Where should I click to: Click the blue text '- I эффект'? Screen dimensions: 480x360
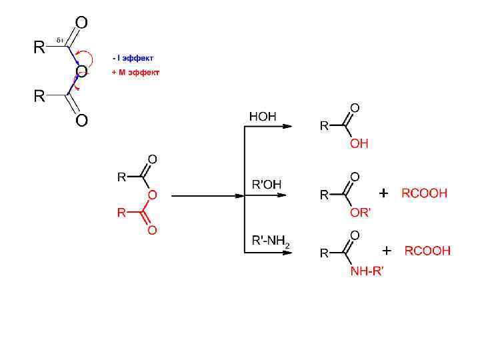click(x=133, y=58)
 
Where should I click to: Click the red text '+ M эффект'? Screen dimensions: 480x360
click(x=135, y=72)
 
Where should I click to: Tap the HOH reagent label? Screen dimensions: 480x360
click(x=262, y=117)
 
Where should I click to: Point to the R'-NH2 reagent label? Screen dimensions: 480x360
click(x=270, y=241)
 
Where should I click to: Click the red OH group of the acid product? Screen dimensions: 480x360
click(x=359, y=143)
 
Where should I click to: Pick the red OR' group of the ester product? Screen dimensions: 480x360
click(x=360, y=213)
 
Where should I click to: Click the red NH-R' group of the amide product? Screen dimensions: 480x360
click(x=367, y=271)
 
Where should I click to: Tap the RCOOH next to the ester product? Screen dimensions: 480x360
click(x=423, y=194)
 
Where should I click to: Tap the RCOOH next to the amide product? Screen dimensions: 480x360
click(x=427, y=251)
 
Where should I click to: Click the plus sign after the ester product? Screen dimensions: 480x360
click(x=383, y=193)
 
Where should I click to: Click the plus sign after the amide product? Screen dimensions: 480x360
click(x=387, y=251)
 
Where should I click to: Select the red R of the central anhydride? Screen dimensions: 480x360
click(x=122, y=213)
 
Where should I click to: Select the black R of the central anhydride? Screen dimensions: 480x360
click(x=122, y=177)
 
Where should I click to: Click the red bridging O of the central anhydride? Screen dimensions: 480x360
click(x=152, y=195)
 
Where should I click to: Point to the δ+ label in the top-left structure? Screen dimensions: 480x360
click(x=59, y=41)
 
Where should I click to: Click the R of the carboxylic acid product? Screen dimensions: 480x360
click(x=324, y=125)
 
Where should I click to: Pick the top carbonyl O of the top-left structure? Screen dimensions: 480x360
click(x=81, y=23)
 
